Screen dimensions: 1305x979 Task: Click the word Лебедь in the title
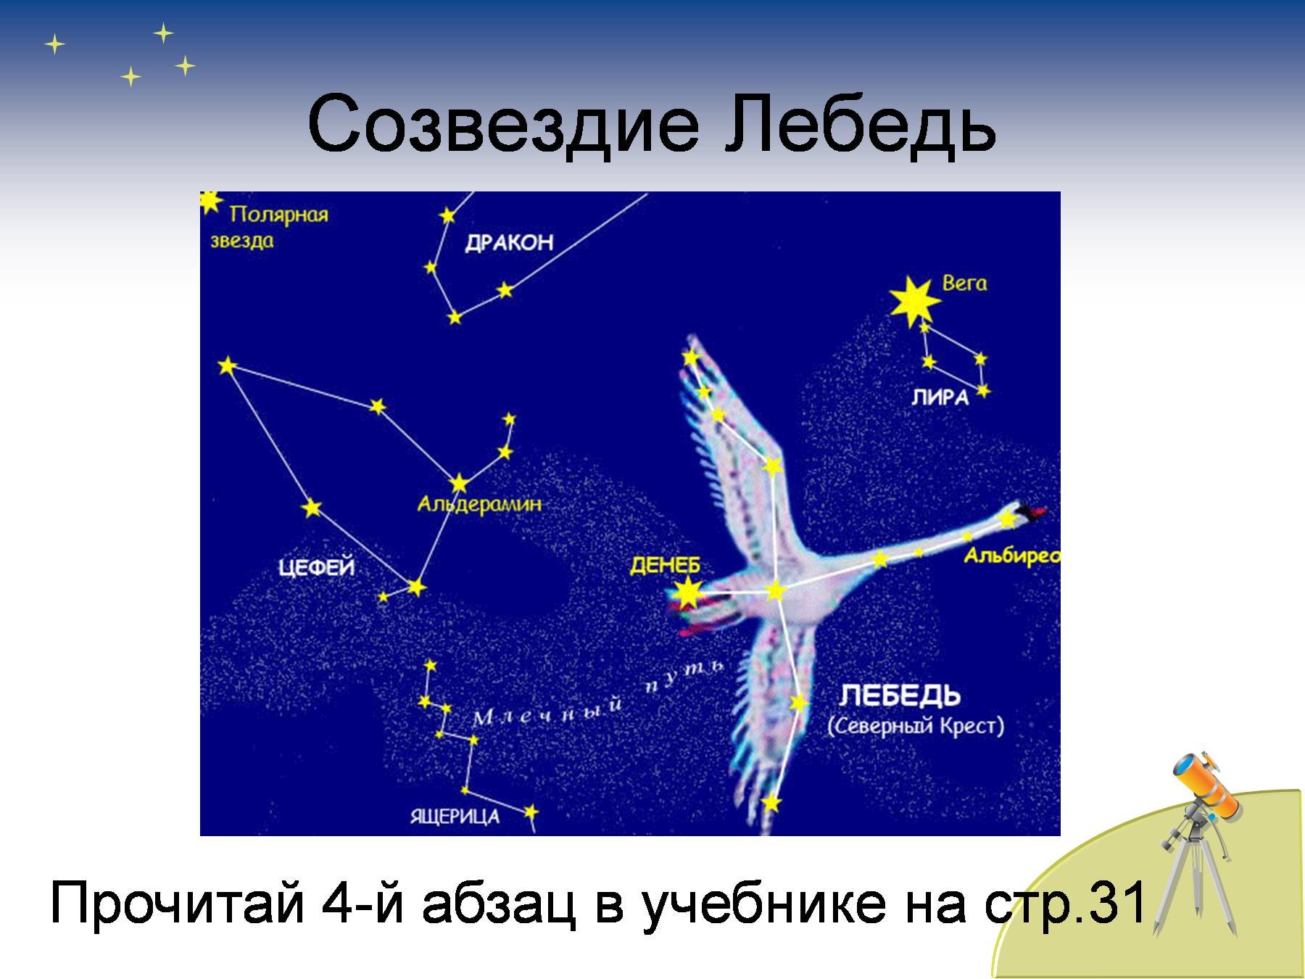tap(861, 123)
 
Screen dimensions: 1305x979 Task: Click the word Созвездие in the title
tap(504, 123)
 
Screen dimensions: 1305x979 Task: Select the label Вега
tap(964, 283)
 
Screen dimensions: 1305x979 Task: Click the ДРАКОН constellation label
tap(509, 242)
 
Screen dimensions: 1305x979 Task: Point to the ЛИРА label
tap(940, 397)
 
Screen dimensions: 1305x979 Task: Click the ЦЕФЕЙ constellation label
tap(317, 566)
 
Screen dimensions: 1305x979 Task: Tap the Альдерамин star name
tap(479, 503)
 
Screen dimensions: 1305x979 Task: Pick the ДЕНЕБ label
tap(665, 566)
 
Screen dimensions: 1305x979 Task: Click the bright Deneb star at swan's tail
tap(686, 593)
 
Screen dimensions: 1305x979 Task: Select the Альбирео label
tap(1011, 555)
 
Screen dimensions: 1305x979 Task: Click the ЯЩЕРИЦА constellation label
tap(455, 817)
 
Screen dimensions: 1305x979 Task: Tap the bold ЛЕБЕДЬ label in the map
tap(900, 695)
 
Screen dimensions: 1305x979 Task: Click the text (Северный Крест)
tap(916, 726)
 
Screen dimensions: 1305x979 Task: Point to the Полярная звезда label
tap(269, 227)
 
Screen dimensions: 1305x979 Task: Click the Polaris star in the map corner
tap(209, 201)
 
